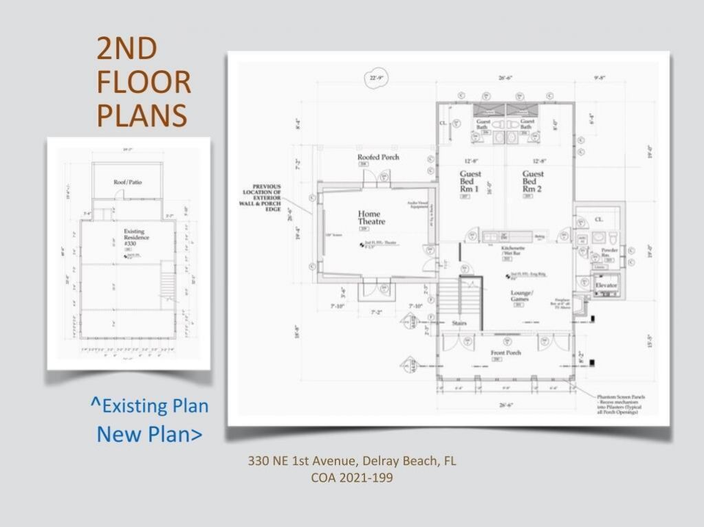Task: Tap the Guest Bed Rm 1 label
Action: [470, 181]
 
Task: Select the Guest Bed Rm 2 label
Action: [533, 181]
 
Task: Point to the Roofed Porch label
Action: [378, 157]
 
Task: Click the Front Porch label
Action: [505, 353]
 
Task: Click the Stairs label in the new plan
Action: [460, 322]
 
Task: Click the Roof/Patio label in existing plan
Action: [127, 182]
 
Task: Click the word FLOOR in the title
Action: [144, 82]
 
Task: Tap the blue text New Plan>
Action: [149, 434]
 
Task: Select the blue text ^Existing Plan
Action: [149, 406]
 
